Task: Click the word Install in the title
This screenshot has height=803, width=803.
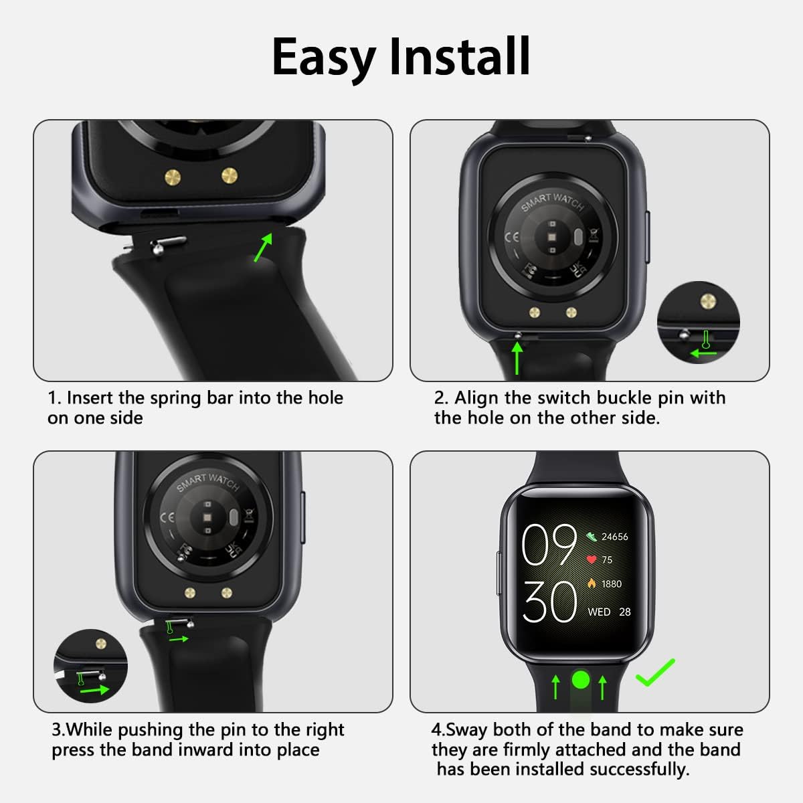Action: point(460,56)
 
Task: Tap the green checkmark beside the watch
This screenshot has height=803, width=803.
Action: point(656,672)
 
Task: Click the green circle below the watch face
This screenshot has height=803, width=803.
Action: point(581,679)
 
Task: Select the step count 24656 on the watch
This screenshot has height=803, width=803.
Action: point(615,537)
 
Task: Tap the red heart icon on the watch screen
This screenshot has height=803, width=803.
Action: point(592,559)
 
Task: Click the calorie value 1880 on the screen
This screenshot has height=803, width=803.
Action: point(612,584)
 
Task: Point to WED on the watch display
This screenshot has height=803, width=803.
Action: point(599,612)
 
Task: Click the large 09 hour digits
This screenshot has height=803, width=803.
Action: point(549,544)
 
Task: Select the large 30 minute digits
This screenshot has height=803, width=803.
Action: point(549,602)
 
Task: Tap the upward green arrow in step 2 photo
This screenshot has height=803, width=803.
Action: point(517,357)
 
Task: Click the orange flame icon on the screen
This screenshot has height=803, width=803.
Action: point(592,584)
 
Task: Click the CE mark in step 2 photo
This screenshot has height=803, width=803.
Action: point(512,237)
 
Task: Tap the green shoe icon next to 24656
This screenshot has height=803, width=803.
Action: point(592,537)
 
